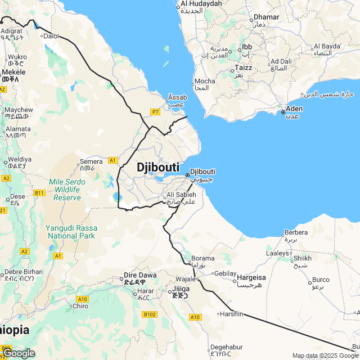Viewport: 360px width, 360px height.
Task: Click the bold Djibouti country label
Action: click(158, 167)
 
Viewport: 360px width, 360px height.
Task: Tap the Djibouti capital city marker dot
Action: click(187, 175)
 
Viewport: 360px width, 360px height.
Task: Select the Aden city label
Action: click(294, 109)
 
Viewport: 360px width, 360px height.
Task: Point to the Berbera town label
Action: click(296, 232)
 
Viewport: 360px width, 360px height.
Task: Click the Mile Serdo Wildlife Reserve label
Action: click(67, 190)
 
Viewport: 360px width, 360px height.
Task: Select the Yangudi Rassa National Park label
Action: click(73, 232)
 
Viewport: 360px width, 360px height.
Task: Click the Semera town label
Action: click(91, 162)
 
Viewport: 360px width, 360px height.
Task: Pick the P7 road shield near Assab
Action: click(156, 112)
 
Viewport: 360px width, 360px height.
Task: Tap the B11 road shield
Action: click(39, 193)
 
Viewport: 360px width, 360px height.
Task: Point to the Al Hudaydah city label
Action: click(201, 4)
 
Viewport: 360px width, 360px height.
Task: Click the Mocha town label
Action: click(205, 82)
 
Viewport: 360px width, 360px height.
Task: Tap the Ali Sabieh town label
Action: click(181, 195)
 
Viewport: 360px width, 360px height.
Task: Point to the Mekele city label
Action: click(13, 72)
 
